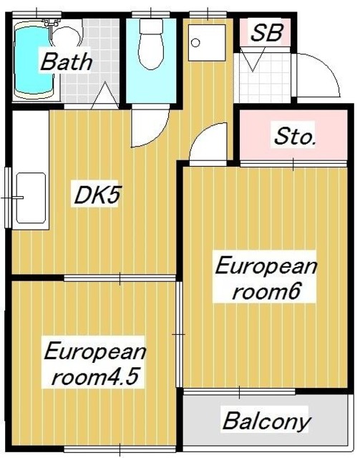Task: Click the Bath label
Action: (66, 62)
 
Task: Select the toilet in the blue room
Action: (151, 45)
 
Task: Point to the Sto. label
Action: (294, 137)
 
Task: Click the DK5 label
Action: (96, 195)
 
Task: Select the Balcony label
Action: (266, 421)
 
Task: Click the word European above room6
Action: (266, 268)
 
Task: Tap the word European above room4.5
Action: (95, 352)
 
